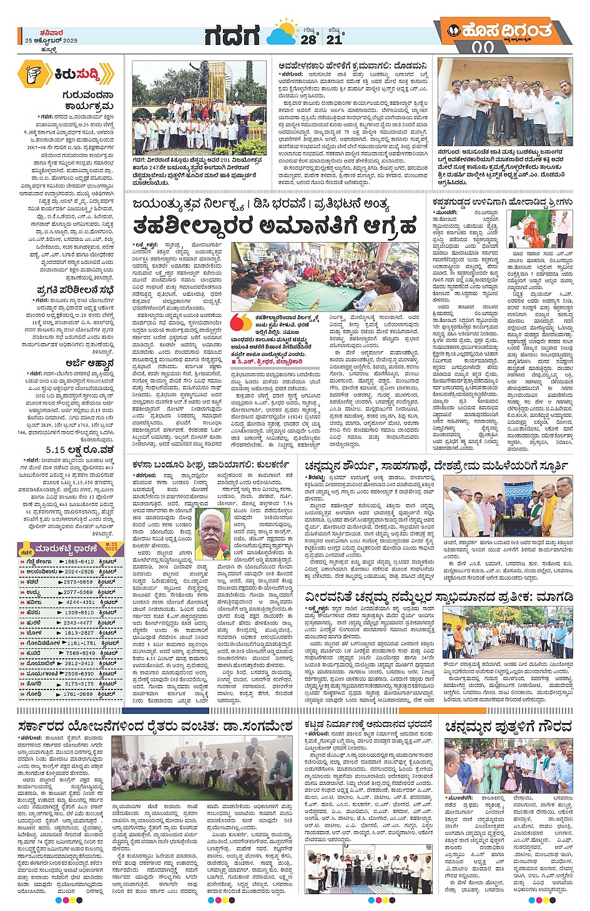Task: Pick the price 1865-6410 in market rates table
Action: (x=79, y=562)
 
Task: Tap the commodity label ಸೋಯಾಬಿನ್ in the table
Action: (x=41, y=663)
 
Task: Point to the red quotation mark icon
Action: (x=240, y=323)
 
